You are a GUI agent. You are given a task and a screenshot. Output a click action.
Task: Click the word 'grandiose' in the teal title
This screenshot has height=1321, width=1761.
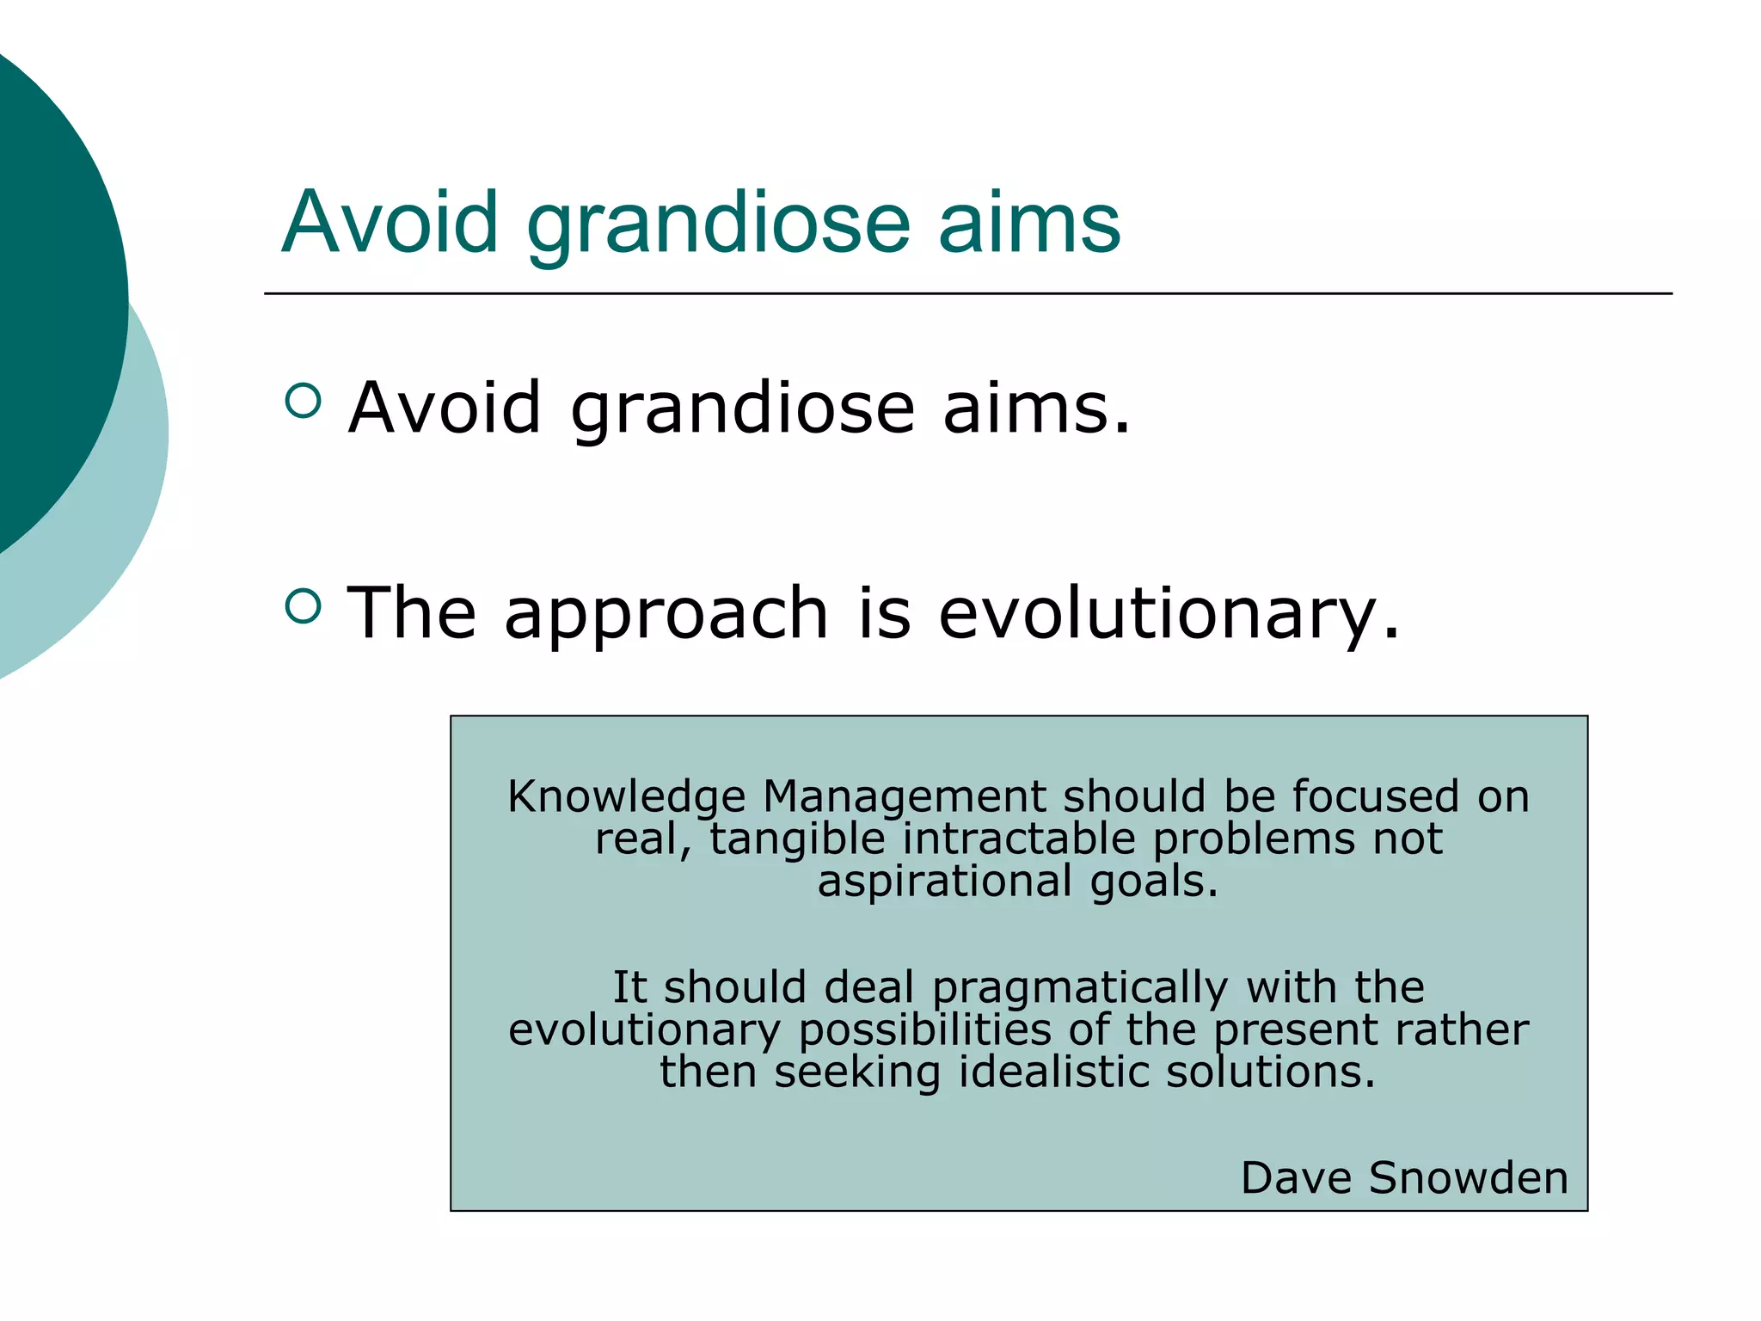click(718, 224)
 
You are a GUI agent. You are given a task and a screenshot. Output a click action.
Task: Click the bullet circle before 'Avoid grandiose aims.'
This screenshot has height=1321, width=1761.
click(303, 400)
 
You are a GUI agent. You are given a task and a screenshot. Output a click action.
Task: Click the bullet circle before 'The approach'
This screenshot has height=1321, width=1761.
click(303, 606)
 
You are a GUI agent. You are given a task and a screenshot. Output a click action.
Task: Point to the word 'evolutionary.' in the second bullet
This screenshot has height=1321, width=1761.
click(1169, 613)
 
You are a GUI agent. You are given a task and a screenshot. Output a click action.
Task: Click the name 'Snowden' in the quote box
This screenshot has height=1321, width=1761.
click(1469, 1177)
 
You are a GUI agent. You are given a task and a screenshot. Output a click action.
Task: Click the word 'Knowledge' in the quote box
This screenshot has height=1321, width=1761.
click(626, 797)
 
